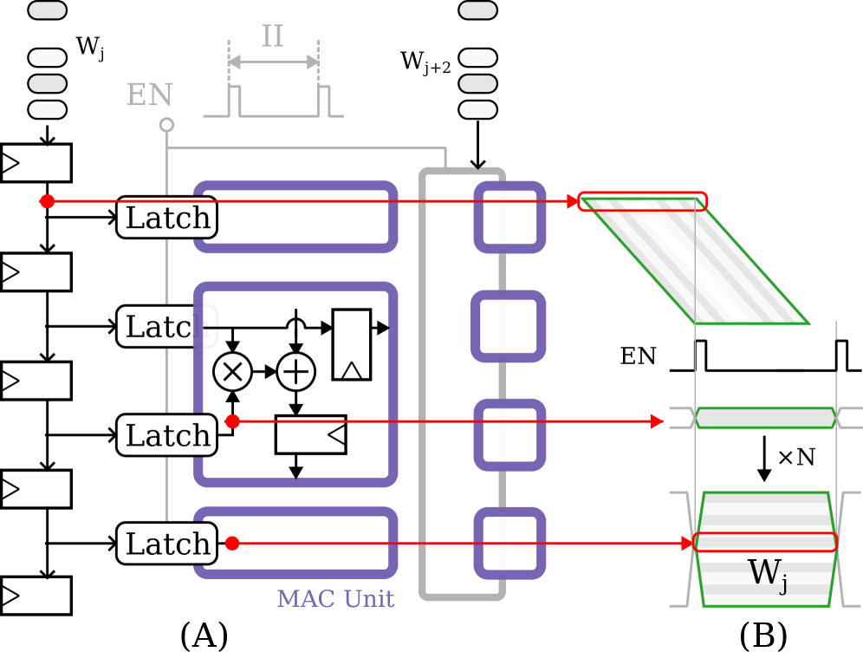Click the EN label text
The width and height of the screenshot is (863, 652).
(x=149, y=95)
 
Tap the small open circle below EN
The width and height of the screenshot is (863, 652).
(x=166, y=125)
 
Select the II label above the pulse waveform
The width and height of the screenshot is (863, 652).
(x=273, y=36)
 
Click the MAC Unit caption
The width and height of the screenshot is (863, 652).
(x=335, y=598)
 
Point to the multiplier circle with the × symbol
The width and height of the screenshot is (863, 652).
(x=232, y=372)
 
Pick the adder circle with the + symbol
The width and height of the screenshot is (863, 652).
(x=295, y=372)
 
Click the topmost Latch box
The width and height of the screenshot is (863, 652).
(x=167, y=218)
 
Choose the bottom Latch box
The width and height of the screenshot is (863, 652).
(x=167, y=544)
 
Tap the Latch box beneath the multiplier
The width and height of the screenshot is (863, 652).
(x=167, y=434)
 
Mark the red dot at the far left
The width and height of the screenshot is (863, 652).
(x=47, y=201)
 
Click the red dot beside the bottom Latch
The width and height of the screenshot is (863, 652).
(x=232, y=544)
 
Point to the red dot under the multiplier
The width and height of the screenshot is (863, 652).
(x=232, y=421)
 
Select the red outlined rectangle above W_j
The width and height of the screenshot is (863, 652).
(x=765, y=543)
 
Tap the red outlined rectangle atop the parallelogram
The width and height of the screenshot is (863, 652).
(x=643, y=201)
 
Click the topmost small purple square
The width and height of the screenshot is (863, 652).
(x=509, y=217)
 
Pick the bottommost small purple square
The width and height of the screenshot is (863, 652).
(x=509, y=544)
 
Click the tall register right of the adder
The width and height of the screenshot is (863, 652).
(x=351, y=344)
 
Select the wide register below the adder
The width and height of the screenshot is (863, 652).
(x=310, y=434)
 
